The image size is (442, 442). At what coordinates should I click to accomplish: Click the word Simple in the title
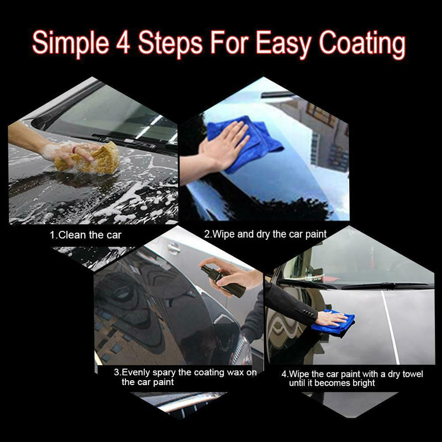(71, 44)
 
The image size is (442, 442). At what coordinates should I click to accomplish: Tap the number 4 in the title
(123, 43)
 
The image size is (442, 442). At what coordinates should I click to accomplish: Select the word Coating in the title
(362, 45)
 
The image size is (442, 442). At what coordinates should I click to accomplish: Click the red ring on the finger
(74, 150)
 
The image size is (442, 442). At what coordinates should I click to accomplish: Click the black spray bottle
(223, 281)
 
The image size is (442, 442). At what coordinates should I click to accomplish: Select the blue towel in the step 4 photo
(333, 323)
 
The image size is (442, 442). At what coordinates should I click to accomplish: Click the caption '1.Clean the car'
(86, 235)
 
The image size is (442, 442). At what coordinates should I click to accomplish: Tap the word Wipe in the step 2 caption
(224, 234)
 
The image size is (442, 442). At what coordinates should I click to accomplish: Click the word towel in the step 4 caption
(413, 374)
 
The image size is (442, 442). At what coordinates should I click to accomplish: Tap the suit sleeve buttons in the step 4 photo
(308, 313)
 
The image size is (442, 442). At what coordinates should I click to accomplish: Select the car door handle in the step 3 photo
(173, 248)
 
